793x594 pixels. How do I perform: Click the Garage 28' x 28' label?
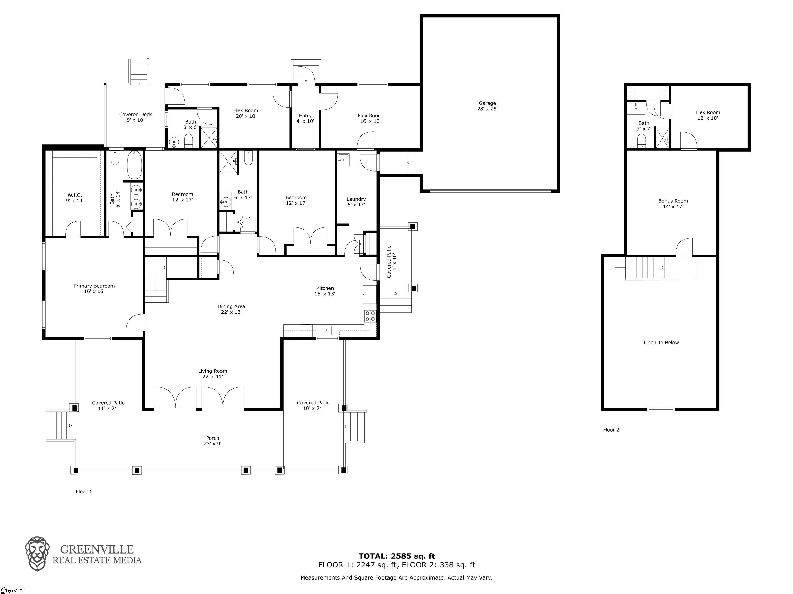pyautogui.click(x=487, y=106)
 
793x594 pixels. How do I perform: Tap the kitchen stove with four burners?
pyautogui.click(x=370, y=316)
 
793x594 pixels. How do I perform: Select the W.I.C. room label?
pyautogui.click(x=75, y=198)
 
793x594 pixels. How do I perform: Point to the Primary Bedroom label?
pyautogui.click(x=94, y=288)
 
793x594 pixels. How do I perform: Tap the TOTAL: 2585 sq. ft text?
pyautogui.click(x=396, y=556)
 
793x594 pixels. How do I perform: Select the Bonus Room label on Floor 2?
pyautogui.click(x=673, y=204)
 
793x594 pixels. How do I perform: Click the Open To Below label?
pyautogui.click(x=661, y=343)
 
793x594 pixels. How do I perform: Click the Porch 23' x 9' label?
pyautogui.click(x=213, y=441)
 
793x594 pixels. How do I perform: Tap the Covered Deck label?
pyautogui.click(x=136, y=117)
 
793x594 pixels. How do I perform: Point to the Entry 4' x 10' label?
pyautogui.click(x=305, y=118)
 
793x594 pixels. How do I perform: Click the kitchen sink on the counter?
pyautogui.click(x=326, y=330)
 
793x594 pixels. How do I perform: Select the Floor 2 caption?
pyautogui.click(x=611, y=429)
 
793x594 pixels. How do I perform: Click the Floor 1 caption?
pyautogui.click(x=84, y=492)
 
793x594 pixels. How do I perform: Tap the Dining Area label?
pyautogui.click(x=231, y=309)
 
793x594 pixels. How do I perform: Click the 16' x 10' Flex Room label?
pyautogui.click(x=370, y=118)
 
